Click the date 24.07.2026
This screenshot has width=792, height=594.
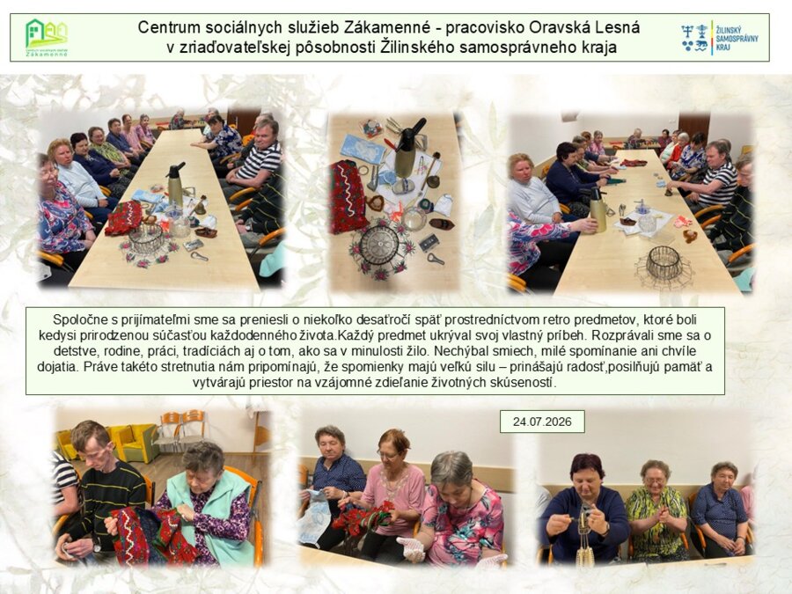coord(542,422)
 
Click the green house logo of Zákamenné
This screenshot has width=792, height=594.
coord(46,37)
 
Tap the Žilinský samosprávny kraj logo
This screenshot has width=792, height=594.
coord(719,38)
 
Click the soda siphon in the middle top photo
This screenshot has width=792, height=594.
coord(408,148)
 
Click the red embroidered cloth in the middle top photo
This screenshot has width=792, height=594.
coord(348,195)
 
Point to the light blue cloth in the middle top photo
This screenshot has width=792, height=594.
coord(362,149)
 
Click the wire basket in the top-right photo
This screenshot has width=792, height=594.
coord(664,264)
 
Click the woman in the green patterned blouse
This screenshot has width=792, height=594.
coord(656,510)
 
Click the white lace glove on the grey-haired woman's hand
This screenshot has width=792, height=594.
coord(412,548)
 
